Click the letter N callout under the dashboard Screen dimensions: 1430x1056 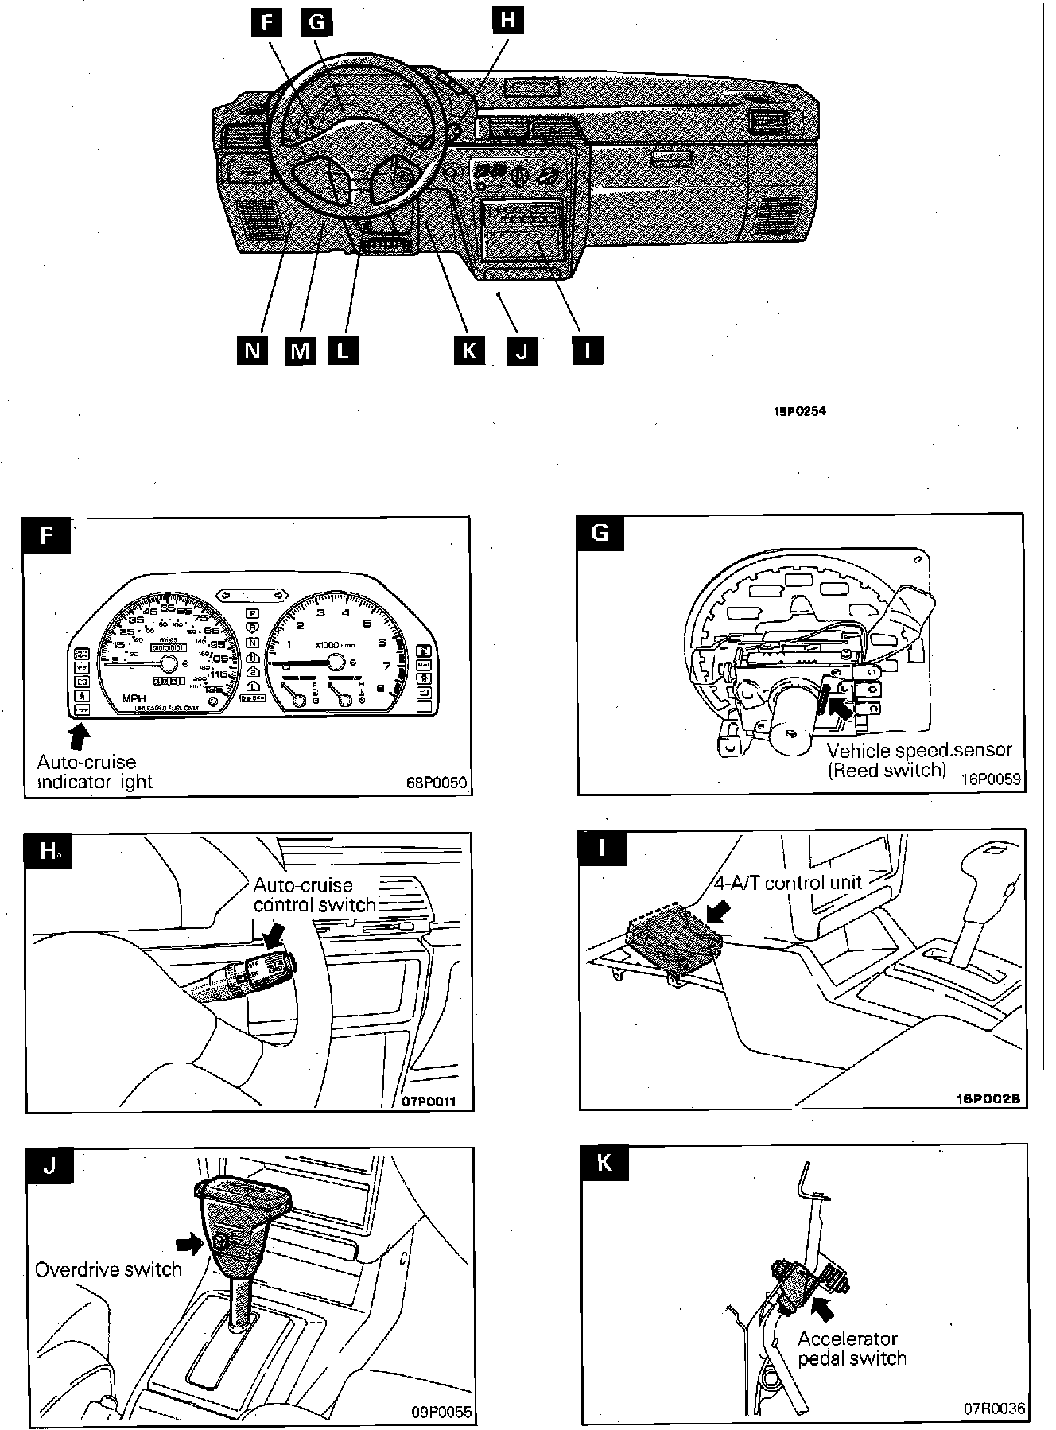click(253, 350)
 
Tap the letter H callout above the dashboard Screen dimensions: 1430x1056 click(507, 20)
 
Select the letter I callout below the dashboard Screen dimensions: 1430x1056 click(587, 350)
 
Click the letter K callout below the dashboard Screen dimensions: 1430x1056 click(468, 350)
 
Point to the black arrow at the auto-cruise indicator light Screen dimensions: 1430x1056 click(80, 736)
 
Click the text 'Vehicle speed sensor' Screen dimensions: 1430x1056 click(919, 750)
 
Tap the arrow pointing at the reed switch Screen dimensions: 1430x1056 click(839, 706)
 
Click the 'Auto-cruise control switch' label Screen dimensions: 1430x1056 click(314, 895)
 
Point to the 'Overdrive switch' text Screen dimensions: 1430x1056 click(109, 1269)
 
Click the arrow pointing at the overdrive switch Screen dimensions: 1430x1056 click(188, 1242)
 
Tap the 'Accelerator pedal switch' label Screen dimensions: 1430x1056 click(852, 1349)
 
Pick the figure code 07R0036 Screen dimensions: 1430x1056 click(995, 1409)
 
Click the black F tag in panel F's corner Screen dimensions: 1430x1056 click(47, 534)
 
